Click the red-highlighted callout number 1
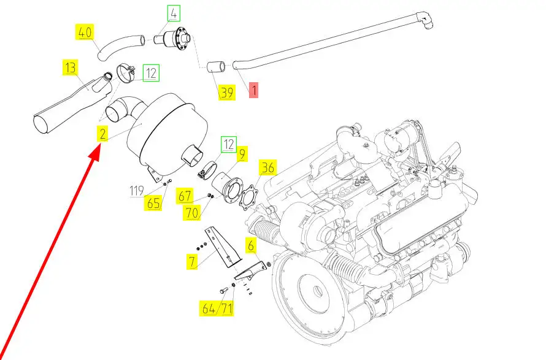coord(254,90)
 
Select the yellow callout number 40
coord(85,32)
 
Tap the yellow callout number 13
coord(71,67)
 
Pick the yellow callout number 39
coord(227,92)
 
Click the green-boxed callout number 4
coord(174,13)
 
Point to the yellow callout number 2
coord(102,134)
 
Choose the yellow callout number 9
coord(242,153)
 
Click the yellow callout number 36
coord(267,167)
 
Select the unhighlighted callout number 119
coord(136,191)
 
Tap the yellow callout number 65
coord(153,203)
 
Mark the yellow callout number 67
coord(184,196)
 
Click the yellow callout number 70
coord(192,212)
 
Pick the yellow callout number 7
coord(192,261)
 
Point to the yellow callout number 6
coord(251,245)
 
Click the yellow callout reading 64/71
coord(217,308)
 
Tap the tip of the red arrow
coord(99,148)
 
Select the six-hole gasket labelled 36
coord(248,199)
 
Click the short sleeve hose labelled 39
coord(217,67)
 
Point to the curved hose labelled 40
coord(120,47)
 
